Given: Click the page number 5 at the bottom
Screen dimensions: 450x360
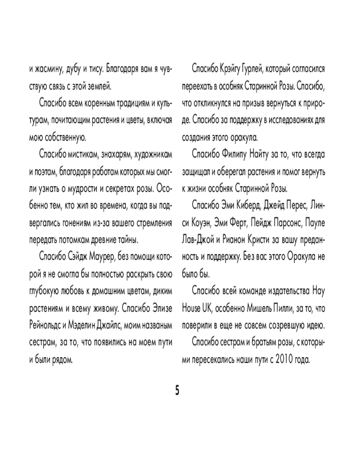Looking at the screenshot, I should pos(177,390).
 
